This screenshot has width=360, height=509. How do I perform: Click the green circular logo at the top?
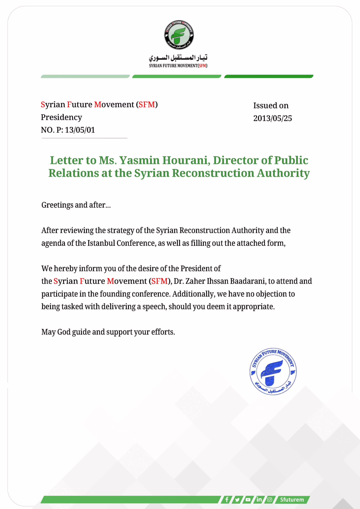pos(179,35)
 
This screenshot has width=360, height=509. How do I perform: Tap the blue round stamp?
pos(273,371)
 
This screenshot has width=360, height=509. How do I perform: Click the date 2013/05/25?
pos(272,118)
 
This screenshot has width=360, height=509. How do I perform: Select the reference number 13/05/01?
pos(80,130)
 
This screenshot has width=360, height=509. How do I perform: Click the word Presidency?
pos(61,117)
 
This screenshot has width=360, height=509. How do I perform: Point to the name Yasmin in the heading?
pos(139,160)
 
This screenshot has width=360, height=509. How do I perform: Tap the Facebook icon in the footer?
pos(227,499)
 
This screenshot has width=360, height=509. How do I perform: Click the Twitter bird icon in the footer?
pos(237,499)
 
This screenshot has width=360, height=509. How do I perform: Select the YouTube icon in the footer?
pos(248,499)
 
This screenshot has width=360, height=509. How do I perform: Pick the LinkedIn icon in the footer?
pos(259,499)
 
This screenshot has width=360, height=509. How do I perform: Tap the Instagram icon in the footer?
pos(270,499)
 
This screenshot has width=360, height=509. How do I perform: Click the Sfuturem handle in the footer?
pos(292,499)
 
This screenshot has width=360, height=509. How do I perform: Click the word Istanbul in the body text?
pos(101,243)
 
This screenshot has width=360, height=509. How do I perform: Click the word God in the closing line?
pos(64,332)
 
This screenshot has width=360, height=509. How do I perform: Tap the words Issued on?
pos(271,106)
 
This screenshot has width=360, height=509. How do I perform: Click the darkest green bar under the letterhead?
pos(269,77)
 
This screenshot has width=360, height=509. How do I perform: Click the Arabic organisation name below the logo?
pos(178,58)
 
